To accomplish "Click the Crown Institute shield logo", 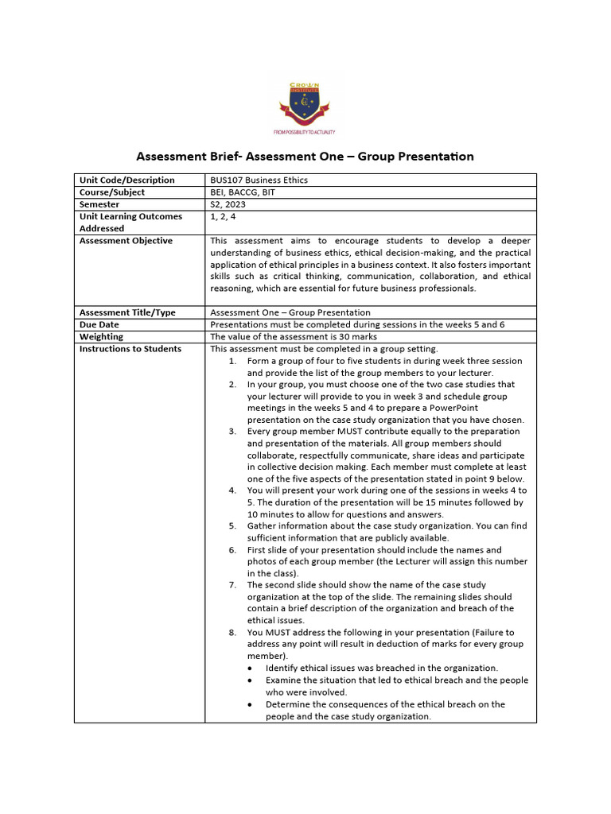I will (x=305, y=99).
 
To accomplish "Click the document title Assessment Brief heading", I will (x=305, y=157).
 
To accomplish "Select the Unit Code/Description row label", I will (x=126, y=180).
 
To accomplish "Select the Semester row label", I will (x=100, y=204).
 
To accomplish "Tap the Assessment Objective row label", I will (x=126, y=241).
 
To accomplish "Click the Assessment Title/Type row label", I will (x=127, y=312).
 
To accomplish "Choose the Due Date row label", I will (x=101, y=324).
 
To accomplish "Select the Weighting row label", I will (x=102, y=336).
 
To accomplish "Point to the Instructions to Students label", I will (x=130, y=348).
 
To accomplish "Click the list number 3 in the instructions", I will (x=232, y=432).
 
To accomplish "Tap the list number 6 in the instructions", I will (x=232, y=550).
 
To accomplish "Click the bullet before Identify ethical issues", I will (x=251, y=669).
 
